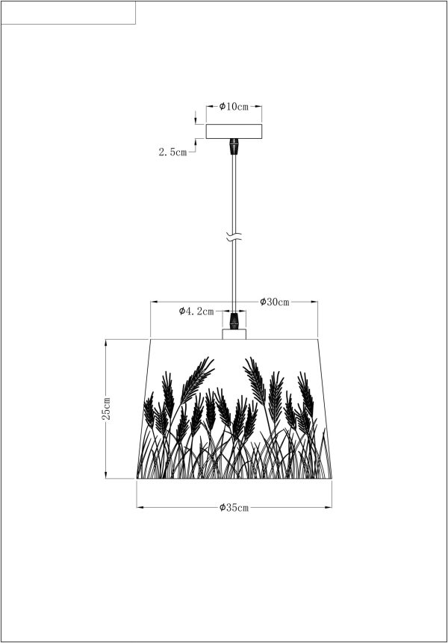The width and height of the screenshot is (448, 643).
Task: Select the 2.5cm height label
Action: [x=172, y=152]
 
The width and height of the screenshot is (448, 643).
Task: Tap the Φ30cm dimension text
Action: [x=274, y=302]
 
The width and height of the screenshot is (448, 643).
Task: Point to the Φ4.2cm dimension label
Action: [x=196, y=311]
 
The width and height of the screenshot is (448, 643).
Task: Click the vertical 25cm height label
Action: [x=106, y=409]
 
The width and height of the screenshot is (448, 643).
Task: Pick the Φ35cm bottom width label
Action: [x=234, y=508]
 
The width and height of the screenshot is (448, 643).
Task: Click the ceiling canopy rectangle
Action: [x=234, y=131]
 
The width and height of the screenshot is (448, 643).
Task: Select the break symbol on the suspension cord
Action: [x=234, y=237]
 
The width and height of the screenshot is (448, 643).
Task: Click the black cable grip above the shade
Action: [x=234, y=321]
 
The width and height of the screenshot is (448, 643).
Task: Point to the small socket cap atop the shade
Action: [x=234, y=334]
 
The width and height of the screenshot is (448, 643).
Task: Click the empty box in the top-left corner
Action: [x=68, y=13]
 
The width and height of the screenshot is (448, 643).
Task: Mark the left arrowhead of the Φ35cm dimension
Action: [x=140, y=507]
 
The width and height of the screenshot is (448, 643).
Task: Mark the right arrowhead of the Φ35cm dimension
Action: [x=329, y=507]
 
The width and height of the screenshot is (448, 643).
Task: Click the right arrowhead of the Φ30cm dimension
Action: [x=315, y=302]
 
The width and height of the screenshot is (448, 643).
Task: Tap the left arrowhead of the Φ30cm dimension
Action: [x=153, y=302]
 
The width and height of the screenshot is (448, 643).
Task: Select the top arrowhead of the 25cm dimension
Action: [x=106, y=342]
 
